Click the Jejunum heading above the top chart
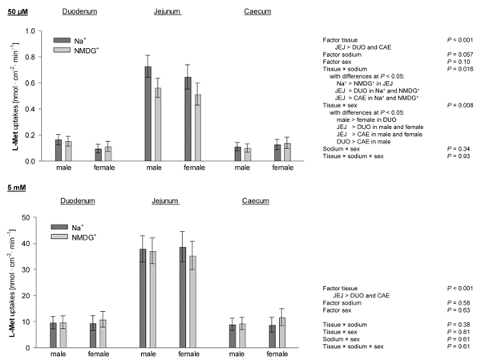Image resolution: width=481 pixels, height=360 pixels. [x=166, y=14]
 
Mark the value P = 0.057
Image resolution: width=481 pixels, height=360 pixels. [x=456, y=52]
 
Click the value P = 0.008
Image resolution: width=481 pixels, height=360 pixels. [x=456, y=103]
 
